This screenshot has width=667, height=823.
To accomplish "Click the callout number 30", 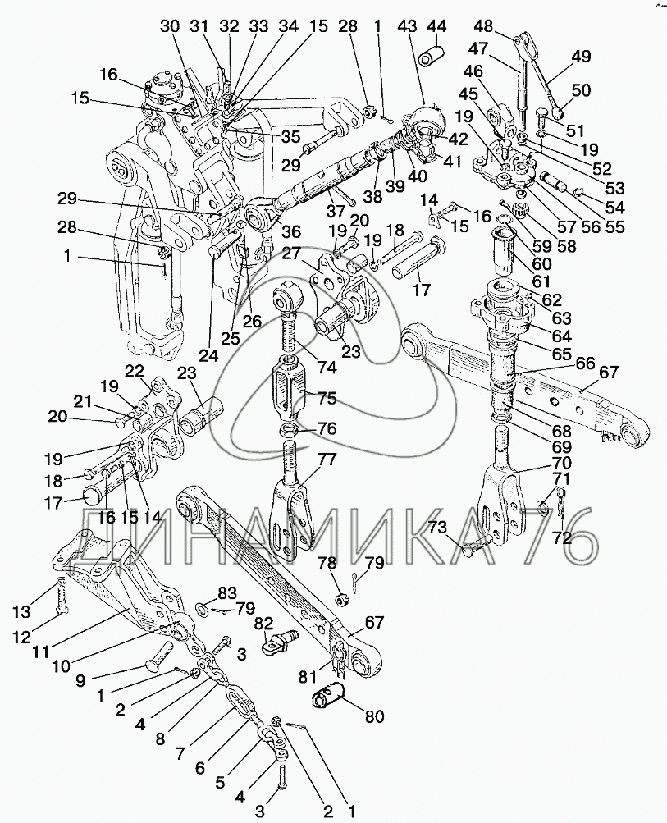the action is click(170, 25).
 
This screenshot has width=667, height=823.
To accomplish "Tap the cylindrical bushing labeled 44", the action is click(432, 55).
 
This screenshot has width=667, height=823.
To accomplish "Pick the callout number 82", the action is click(264, 624).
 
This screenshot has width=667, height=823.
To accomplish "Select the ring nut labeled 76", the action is click(288, 432).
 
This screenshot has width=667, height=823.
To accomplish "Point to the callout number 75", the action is click(327, 398).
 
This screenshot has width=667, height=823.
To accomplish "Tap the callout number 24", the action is click(209, 355).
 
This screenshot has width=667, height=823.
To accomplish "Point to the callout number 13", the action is click(22, 611).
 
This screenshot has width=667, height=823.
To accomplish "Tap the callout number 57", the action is click(566, 226).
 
